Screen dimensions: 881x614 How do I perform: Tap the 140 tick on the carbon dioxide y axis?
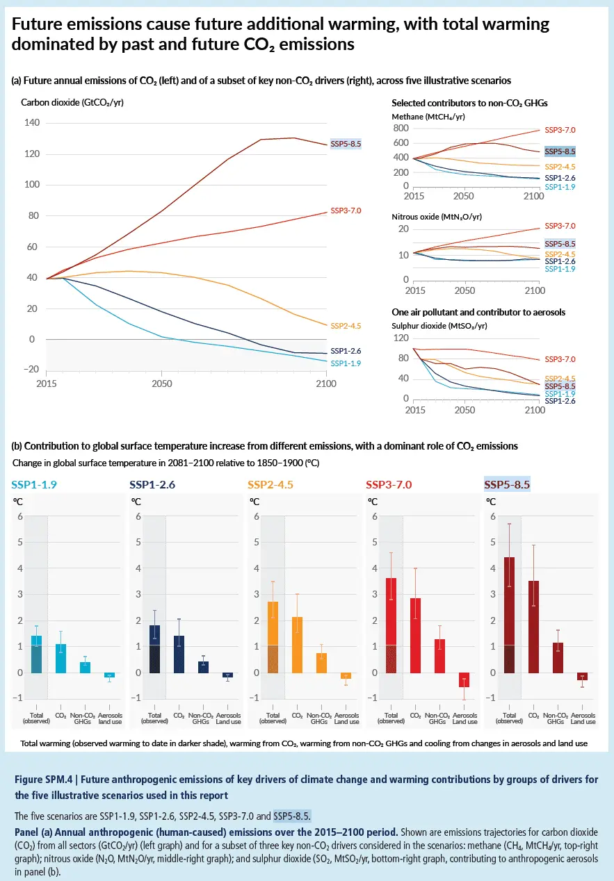pos(32,123)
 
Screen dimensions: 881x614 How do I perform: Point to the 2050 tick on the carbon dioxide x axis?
pos(161,384)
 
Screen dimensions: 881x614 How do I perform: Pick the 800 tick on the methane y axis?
pos(400,129)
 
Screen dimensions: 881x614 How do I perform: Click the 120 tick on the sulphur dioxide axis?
pos(400,338)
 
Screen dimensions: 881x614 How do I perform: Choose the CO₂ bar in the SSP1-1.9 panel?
pos(60,658)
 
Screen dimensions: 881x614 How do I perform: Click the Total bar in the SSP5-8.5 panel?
pos(509,615)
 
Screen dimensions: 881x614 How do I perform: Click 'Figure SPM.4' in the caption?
pos(44,780)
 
